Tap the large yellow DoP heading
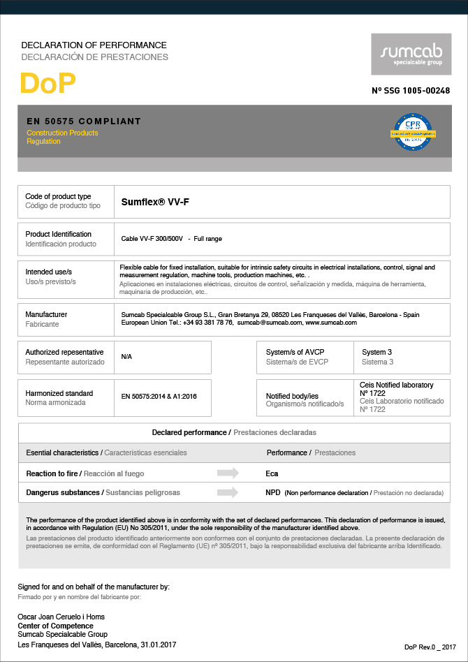click(47, 84)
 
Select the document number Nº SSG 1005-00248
click(411, 91)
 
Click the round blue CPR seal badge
click(411, 131)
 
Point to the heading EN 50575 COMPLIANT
click(84, 122)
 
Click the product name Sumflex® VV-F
click(155, 202)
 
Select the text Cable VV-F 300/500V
click(152, 239)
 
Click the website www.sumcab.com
click(331, 323)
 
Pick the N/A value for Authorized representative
click(126, 357)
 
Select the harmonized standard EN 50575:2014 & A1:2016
click(159, 397)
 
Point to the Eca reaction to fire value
click(272, 473)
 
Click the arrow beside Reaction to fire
click(228, 473)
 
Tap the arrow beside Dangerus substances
click(228, 492)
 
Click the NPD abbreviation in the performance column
click(273, 492)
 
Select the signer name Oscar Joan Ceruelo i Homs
click(61, 617)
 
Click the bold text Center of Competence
click(55, 626)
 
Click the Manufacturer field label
click(46, 315)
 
